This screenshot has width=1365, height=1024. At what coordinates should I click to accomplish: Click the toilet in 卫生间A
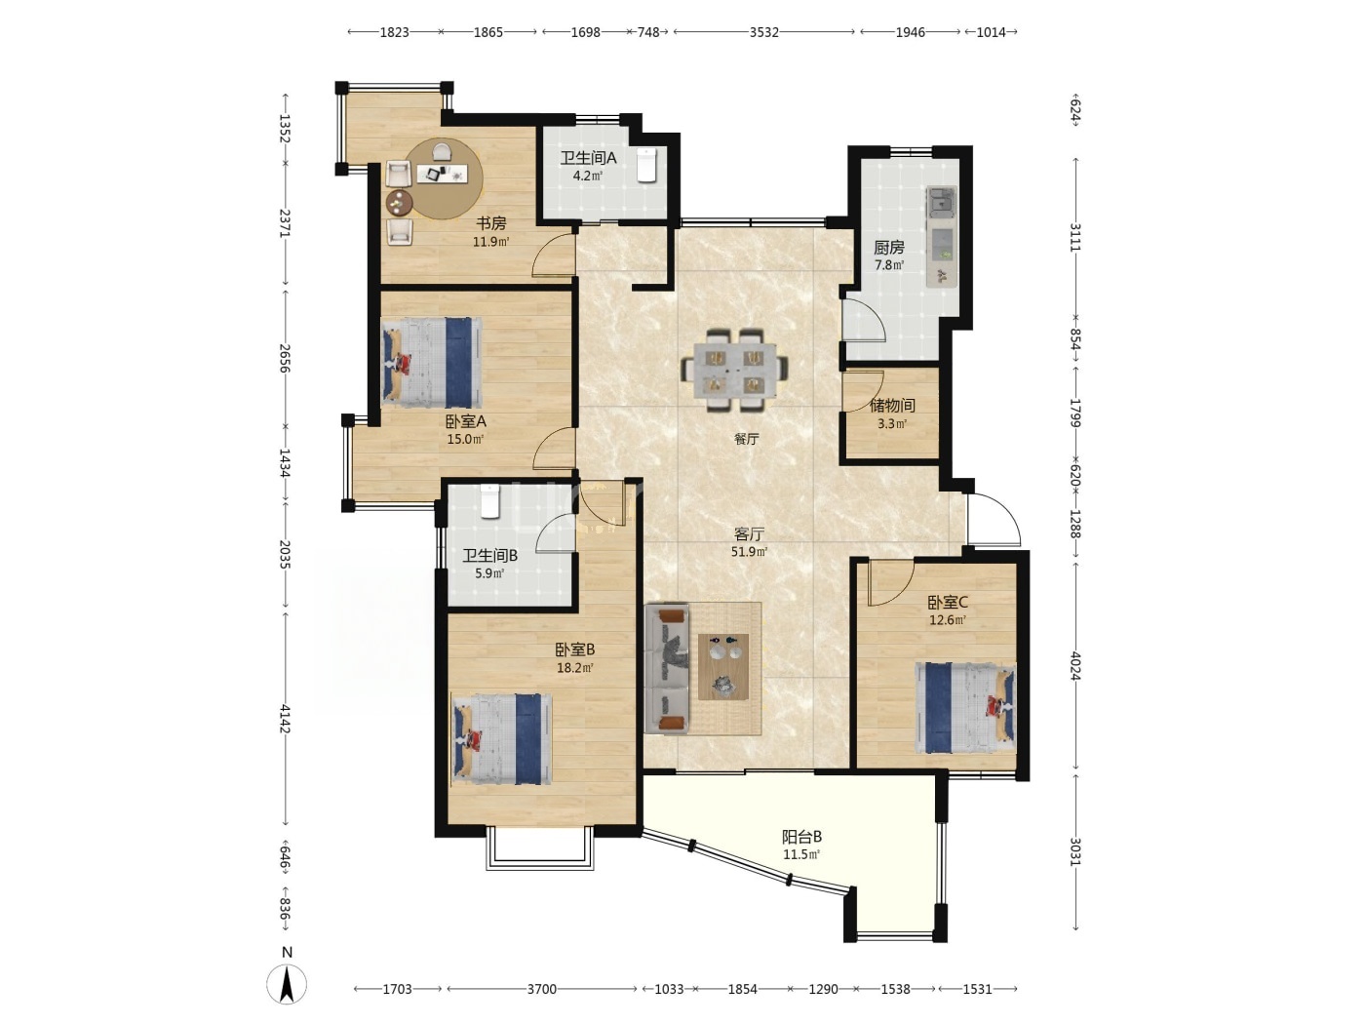646,166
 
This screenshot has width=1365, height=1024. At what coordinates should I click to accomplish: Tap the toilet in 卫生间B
490,501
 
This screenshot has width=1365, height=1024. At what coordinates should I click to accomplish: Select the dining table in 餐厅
736,371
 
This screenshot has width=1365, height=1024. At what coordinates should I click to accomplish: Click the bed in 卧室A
432,363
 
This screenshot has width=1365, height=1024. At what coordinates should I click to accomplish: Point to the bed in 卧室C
965,708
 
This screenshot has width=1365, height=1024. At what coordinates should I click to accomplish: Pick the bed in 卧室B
502,738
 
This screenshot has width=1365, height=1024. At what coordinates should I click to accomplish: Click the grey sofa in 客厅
667,668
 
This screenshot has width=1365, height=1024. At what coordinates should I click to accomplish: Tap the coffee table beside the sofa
723,666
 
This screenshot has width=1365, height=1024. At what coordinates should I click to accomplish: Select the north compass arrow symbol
287,985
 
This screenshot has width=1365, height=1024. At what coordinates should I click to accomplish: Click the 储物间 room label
892,406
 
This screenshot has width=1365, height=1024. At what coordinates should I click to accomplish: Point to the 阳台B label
801,837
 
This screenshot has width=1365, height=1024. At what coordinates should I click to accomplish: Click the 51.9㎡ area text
750,551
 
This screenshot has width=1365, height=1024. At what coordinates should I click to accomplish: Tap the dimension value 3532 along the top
763,32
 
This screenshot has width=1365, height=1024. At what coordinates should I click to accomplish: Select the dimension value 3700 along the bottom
542,989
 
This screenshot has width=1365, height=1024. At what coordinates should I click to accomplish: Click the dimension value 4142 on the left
285,719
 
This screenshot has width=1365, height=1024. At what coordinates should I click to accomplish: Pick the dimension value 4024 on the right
1075,665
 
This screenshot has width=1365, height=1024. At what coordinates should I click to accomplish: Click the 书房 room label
491,223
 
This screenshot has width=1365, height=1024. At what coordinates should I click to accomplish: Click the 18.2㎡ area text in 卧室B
575,668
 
